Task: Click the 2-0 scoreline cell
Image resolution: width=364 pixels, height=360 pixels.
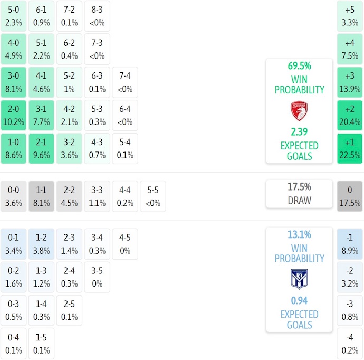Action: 14,115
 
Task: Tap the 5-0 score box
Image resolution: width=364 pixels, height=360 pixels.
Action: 14,16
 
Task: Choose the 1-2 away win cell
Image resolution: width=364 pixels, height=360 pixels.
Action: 41,244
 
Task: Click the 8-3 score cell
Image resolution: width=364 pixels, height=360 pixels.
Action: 97,16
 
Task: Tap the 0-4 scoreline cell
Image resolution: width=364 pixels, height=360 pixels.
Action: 14,344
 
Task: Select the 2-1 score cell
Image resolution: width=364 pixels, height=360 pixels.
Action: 41,148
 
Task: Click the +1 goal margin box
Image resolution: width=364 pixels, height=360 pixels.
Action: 350,148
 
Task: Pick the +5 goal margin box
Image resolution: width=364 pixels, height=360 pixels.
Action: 350,16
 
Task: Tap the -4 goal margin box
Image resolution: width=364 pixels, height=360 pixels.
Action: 350,344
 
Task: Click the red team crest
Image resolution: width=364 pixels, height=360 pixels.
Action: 299,111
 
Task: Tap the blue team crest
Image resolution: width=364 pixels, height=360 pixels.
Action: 299,279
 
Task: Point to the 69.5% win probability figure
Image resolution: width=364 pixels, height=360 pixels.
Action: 299,66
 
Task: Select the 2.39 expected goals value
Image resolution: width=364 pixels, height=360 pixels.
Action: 299,132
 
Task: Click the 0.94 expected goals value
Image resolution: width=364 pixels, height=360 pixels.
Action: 299,301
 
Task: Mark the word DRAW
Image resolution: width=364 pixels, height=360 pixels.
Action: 299,201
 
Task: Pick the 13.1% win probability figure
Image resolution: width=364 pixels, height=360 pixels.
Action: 299,235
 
